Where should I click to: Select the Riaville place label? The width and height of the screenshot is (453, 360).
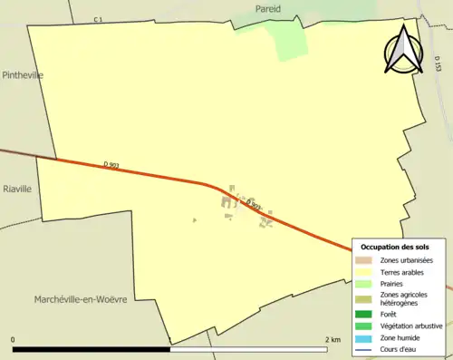pos(17,189)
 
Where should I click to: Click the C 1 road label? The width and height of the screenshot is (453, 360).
pos(99,19)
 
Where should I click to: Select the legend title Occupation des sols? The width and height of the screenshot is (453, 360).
pos(395,247)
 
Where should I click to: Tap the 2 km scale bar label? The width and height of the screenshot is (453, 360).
pos(332,339)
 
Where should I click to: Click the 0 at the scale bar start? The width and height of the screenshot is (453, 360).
pos(14,339)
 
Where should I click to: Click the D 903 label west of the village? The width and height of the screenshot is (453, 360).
pos(112,164)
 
